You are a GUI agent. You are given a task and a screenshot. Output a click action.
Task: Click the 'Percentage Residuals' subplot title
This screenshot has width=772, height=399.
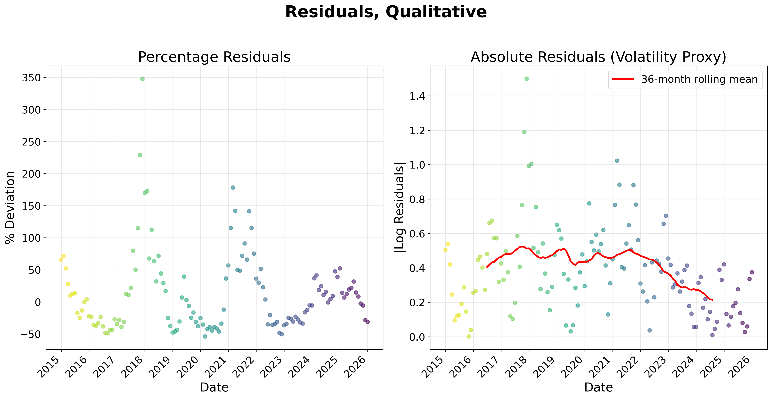coord(214,57)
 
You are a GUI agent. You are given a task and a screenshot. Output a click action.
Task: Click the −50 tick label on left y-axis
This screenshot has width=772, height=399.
coord(30,334)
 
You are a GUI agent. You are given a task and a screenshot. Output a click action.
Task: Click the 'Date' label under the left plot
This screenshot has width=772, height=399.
coord(214,388)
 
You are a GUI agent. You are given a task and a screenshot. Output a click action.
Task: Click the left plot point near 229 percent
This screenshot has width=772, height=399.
coord(140,155)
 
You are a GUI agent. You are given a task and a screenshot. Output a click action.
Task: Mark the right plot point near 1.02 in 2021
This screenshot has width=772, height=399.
coord(617,161)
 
